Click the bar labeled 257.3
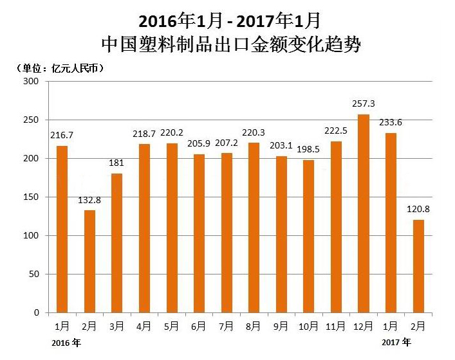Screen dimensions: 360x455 (363, 213)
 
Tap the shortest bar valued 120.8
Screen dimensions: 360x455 (418, 265)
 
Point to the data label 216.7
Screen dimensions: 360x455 (62, 135)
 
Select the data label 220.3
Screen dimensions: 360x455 (254, 132)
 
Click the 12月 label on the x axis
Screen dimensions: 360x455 (364, 327)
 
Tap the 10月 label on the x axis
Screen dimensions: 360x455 (309, 327)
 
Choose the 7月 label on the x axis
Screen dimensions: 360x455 (227, 327)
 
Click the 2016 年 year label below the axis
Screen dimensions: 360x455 (67, 343)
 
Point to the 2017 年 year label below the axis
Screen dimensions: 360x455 (396, 343)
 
